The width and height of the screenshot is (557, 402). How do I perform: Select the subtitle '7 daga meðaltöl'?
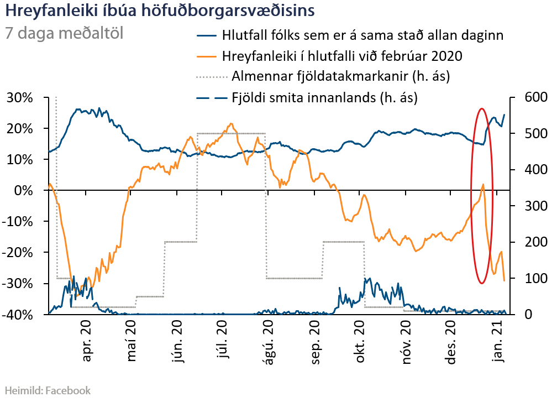pyautogui.click(x=64, y=33)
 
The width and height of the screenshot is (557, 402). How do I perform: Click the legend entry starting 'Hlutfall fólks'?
pyautogui.click(x=362, y=36)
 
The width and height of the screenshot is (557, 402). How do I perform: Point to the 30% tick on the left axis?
pyautogui.click(x=20, y=98)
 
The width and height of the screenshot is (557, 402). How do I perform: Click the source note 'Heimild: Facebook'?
pyautogui.click(x=48, y=390)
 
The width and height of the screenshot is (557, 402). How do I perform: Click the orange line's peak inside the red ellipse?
pyautogui.click(x=483, y=185)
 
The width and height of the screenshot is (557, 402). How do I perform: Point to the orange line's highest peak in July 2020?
pyautogui.click(x=230, y=124)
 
